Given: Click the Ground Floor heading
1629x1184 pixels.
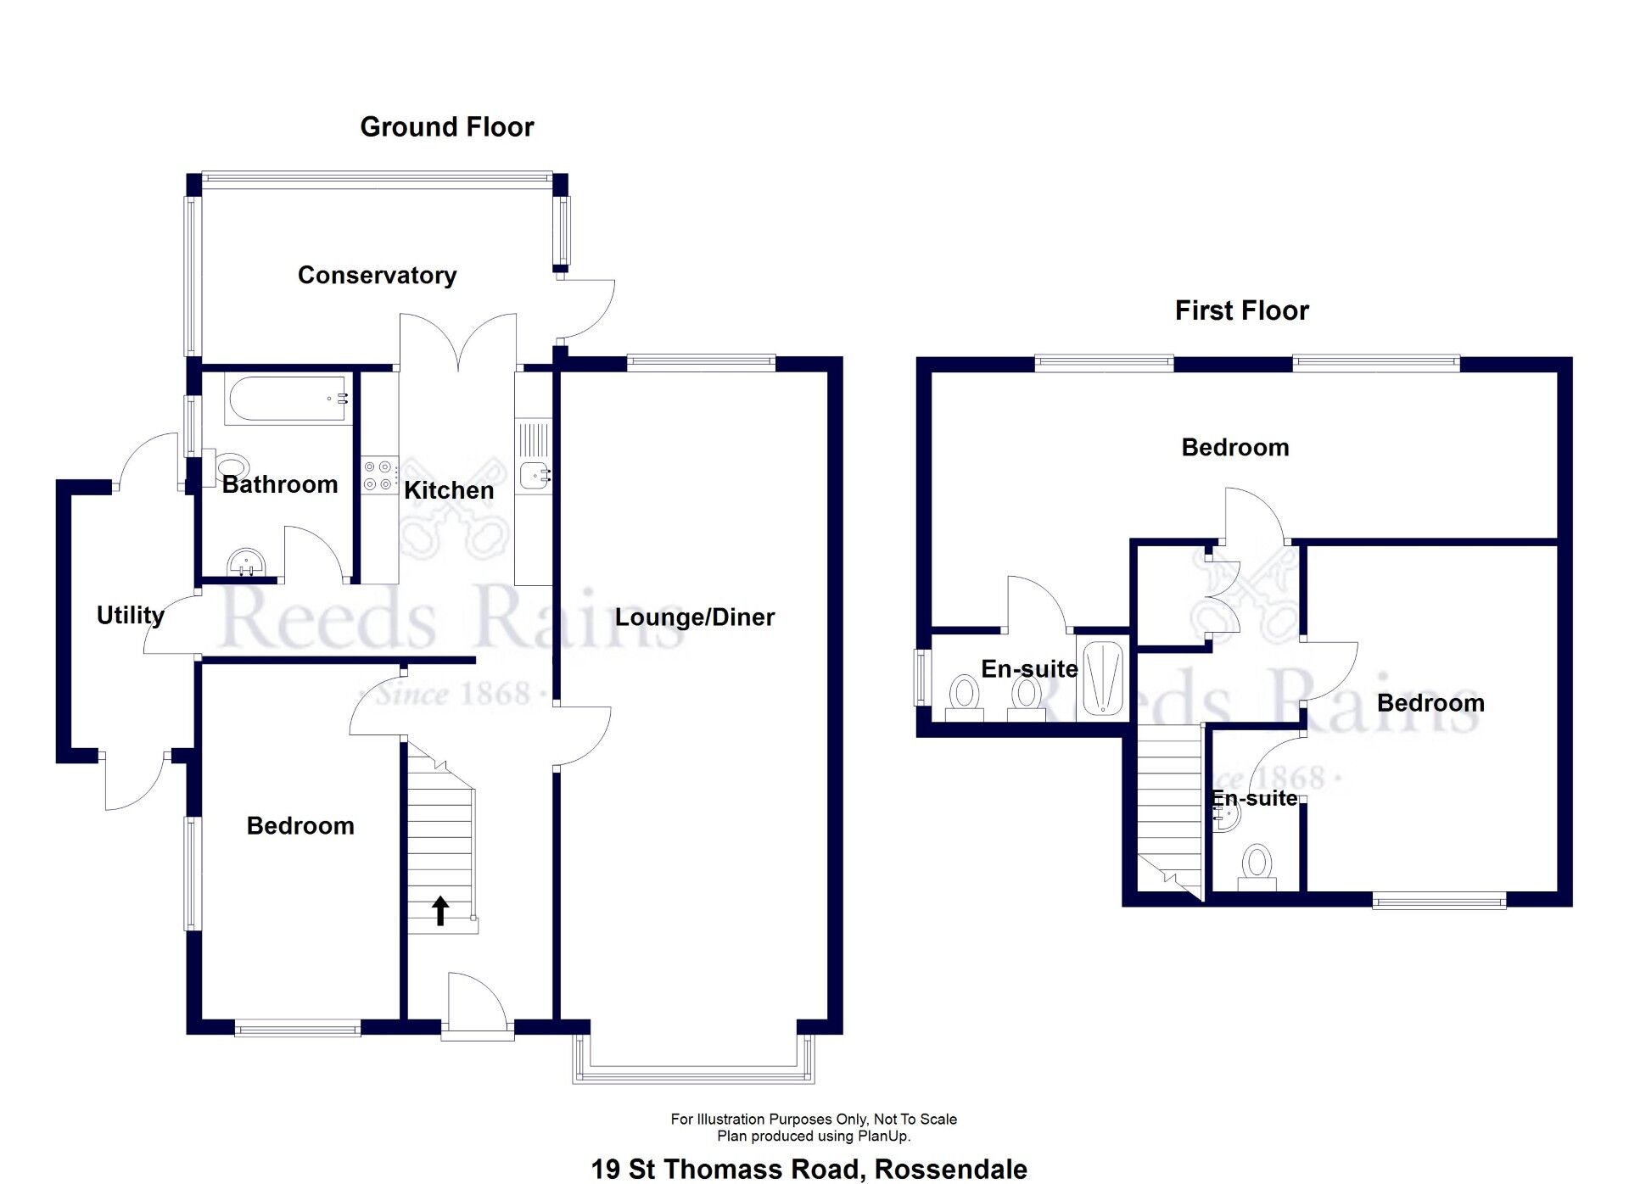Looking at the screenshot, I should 446,127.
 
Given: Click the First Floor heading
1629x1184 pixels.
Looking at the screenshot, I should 1240,310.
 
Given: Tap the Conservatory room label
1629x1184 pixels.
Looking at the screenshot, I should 377,275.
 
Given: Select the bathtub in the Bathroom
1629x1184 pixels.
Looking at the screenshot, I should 288,399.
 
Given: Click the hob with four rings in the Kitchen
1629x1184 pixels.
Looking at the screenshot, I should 378,476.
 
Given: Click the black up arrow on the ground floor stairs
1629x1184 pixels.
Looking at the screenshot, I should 440,911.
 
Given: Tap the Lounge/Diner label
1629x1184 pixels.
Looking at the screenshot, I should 694,617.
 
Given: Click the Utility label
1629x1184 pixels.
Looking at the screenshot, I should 130,615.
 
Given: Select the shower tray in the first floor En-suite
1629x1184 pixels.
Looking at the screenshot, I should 1103,679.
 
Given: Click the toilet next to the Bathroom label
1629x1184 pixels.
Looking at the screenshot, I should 231,466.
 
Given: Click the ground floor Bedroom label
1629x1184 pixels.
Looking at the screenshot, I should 300,826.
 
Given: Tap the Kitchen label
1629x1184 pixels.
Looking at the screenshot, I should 448,490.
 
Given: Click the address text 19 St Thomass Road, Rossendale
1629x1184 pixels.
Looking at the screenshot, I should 809,1169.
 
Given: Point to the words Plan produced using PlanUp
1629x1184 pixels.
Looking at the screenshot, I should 813,1137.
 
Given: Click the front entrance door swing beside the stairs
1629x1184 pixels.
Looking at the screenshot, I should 477,1005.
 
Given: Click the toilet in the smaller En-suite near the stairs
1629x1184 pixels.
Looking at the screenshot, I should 1257,867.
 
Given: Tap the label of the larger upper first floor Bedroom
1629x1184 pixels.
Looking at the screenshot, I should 1234,448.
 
